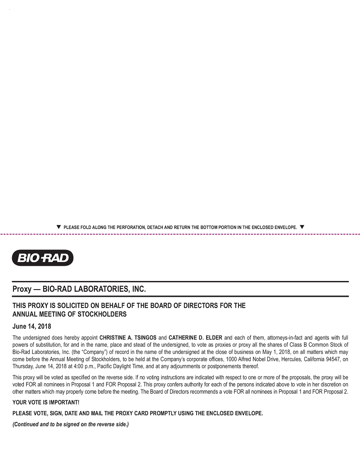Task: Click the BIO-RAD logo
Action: [42, 258]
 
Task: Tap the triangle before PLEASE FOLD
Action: [59, 227]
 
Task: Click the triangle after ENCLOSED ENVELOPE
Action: [302, 227]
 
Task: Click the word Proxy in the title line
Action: [22, 289]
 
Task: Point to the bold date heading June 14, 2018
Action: [31, 326]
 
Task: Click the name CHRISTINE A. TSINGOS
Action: [128, 337]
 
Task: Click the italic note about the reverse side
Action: [71, 424]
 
